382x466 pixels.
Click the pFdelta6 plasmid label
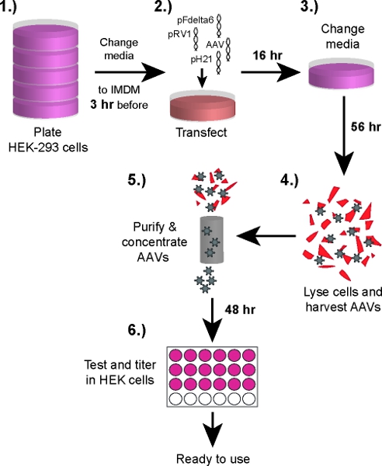pos(195,20)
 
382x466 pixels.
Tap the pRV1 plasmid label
pos(179,35)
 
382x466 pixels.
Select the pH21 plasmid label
pos(201,60)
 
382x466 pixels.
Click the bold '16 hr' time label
pos(267,55)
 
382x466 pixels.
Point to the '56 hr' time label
pos(366,127)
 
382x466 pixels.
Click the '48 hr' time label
pos(240,310)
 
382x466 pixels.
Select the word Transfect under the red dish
pos(201,133)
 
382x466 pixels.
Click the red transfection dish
pos(203,107)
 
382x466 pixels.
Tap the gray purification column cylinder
pos(211,240)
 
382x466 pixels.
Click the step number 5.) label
pos(137,180)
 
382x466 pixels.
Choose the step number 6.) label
pos(137,330)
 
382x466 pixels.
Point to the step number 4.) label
pos(290,180)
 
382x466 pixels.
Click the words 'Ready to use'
pos(213,459)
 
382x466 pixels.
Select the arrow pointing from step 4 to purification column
pos(266,236)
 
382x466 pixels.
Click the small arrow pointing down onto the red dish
pos(203,78)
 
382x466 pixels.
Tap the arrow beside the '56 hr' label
pos(344,135)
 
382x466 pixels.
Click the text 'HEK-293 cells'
pos(48,147)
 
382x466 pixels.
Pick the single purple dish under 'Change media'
pos(341,74)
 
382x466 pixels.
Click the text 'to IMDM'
pos(119,90)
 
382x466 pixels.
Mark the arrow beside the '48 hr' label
pos(213,320)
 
